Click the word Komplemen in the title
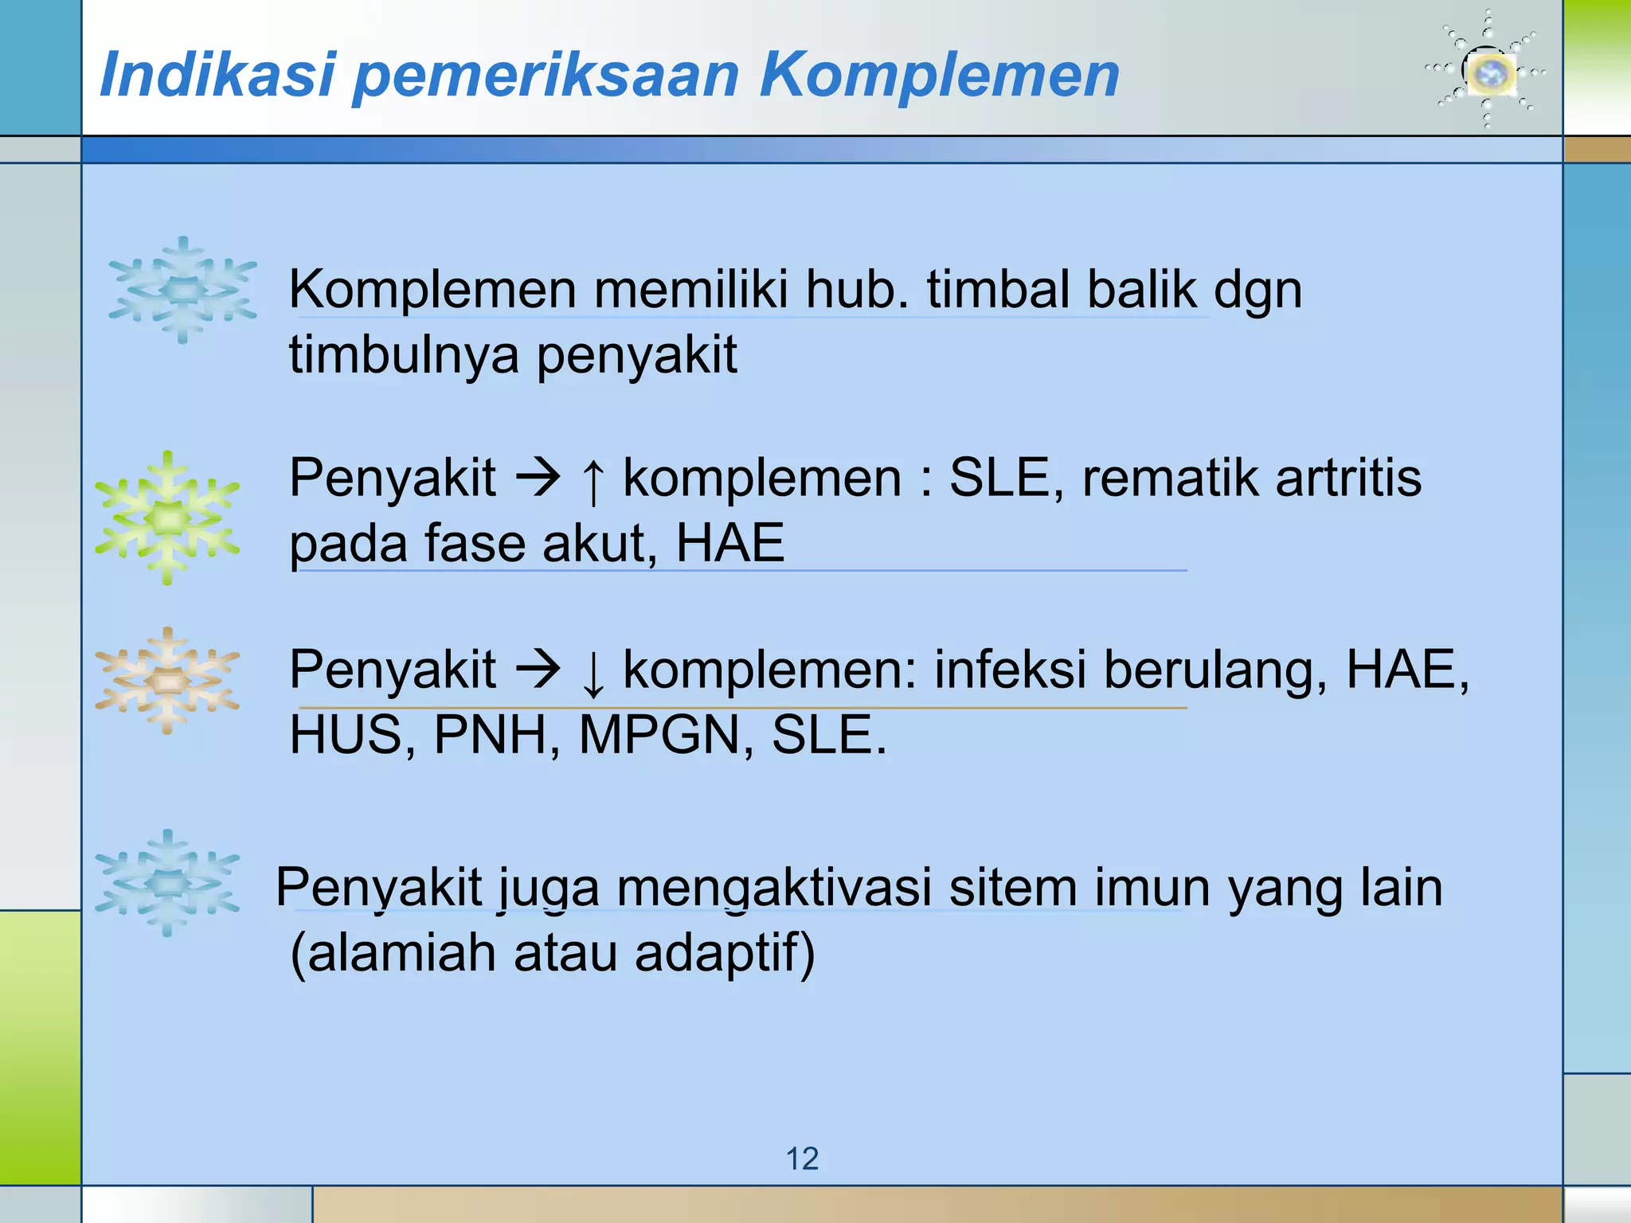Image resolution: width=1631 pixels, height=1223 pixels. tap(940, 75)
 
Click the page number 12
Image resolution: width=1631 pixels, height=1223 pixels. tap(802, 1159)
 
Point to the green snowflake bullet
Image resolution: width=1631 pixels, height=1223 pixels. tap(167, 518)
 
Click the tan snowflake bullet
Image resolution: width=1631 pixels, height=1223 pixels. tap(167, 681)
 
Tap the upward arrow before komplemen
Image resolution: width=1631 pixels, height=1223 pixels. tap(592, 479)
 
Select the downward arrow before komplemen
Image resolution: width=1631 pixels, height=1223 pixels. tap(592, 672)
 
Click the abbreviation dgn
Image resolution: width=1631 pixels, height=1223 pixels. tap(1257, 290)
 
